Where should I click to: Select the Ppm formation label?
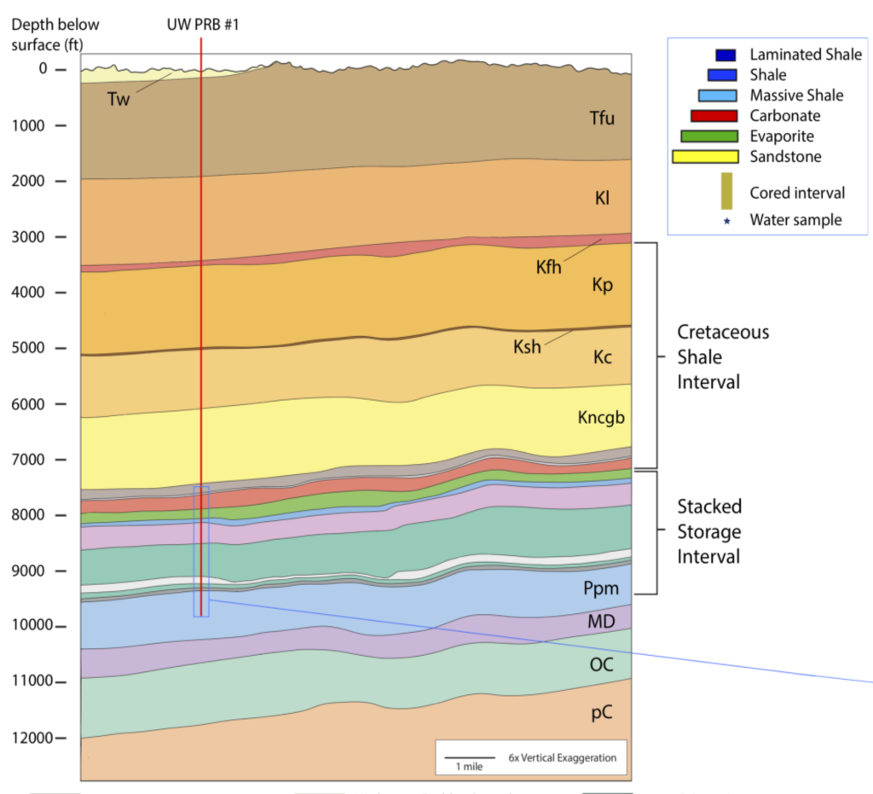(x=601, y=588)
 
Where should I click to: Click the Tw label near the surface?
(x=119, y=98)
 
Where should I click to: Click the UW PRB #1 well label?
(x=202, y=24)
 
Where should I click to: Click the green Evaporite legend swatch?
(x=708, y=136)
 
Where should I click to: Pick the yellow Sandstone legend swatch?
(x=704, y=157)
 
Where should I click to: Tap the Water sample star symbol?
(x=727, y=221)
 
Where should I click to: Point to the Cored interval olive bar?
(x=726, y=190)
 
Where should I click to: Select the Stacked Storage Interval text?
(x=709, y=531)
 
